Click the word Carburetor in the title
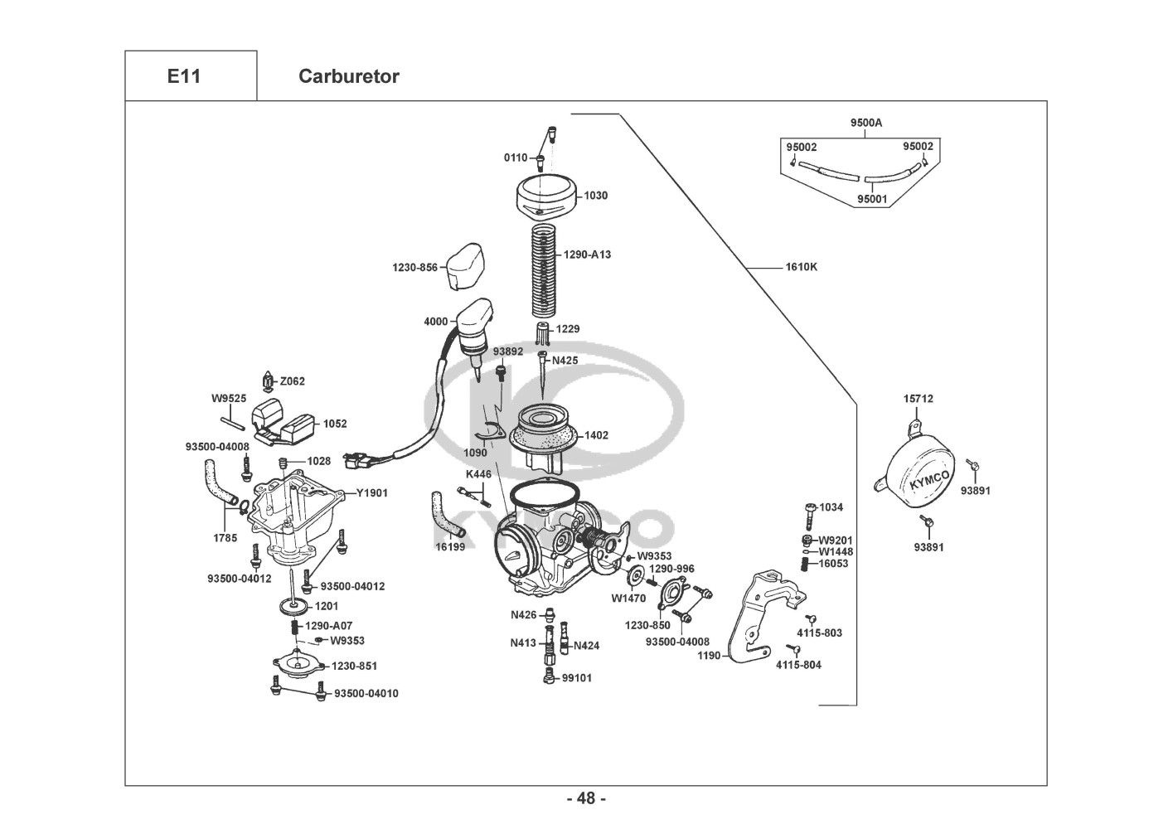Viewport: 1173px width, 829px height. point(348,76)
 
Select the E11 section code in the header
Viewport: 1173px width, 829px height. point(184,76)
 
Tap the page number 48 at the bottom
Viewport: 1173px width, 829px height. point(586,798)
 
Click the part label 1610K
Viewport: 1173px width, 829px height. point(801,267)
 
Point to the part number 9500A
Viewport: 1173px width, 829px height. point(866,123)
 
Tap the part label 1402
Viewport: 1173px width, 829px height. point(596,434)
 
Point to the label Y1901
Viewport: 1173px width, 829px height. point(372,492)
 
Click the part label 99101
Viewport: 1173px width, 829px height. point(577,677)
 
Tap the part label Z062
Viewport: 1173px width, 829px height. point(292,381)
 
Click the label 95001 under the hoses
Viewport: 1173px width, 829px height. point(872,199)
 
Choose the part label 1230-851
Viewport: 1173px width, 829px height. point(355,666)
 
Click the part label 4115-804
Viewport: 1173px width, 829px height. point(798,664)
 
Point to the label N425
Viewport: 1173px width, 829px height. point(565,361)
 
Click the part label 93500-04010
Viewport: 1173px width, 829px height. point(366,693)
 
